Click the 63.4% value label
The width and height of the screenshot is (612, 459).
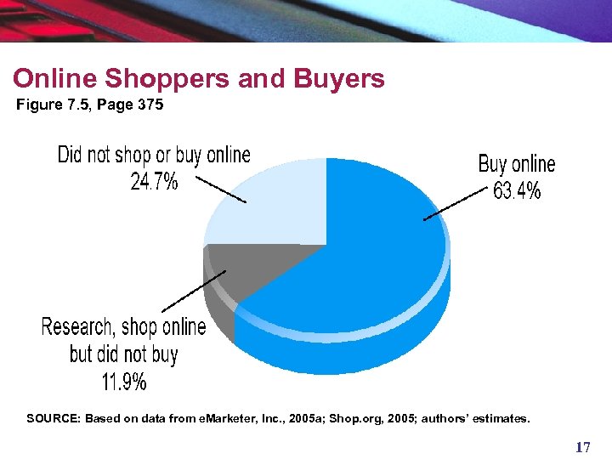(x=517, y=191)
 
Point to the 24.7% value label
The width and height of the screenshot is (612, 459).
(x=154, y=181)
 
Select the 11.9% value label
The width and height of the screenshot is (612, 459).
(x=124, y=382)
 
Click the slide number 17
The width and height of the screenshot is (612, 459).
(x=581, y=447)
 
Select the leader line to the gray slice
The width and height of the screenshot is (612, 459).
(x=194, y=292)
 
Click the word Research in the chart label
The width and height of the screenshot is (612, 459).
(x=77, y=327)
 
